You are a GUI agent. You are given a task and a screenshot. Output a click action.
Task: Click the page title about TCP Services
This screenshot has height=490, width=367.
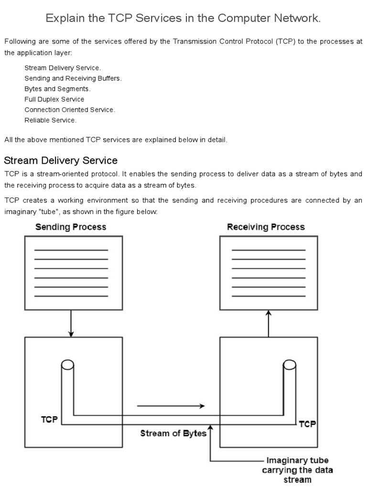[183, 18]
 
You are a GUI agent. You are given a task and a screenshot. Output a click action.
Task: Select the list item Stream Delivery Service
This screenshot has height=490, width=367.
[63, 68]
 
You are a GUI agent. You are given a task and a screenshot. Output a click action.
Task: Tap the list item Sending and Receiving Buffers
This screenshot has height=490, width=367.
[73, 78]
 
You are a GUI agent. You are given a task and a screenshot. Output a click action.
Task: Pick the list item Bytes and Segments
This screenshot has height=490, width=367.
[57, 89]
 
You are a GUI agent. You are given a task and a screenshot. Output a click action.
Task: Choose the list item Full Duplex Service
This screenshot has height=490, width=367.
[54, 100]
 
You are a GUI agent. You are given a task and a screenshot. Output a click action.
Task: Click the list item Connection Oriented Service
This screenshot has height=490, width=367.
[70, 110]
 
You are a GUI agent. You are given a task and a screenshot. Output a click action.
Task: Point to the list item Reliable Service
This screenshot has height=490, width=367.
[51, 120]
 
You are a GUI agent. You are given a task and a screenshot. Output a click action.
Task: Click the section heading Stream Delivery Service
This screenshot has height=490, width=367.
[61, 160]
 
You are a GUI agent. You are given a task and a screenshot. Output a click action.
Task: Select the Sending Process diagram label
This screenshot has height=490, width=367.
[71, 227]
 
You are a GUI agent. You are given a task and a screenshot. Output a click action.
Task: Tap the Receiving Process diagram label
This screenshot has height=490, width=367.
[266, 227]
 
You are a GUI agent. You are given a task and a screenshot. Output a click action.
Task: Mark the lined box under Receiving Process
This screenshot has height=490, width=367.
[269, 273]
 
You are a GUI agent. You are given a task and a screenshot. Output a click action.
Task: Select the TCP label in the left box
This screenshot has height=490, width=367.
[49, 420]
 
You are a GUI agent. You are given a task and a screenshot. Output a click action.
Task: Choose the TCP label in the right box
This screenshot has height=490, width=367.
[307, 423]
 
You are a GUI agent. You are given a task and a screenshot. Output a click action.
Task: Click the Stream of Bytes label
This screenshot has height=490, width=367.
[173, 434]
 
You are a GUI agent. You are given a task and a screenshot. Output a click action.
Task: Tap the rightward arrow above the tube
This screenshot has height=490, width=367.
[171, 406]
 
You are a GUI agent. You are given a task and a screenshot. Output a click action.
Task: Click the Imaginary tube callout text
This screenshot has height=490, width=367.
[297, 470]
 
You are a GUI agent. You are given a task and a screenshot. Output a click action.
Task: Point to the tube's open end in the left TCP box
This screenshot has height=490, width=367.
[67, 366]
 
